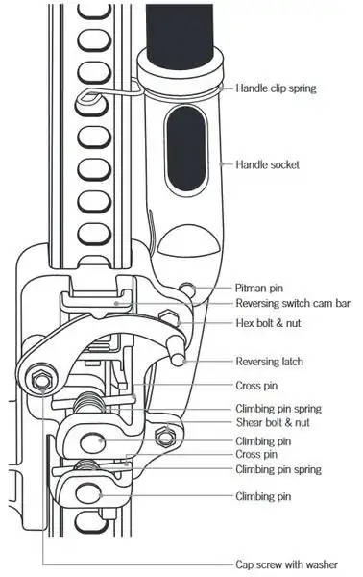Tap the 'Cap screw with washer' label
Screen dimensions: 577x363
tap(286, 564)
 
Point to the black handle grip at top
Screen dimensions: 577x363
tap(181, 29)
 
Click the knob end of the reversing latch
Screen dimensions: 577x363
tap(180, 356)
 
